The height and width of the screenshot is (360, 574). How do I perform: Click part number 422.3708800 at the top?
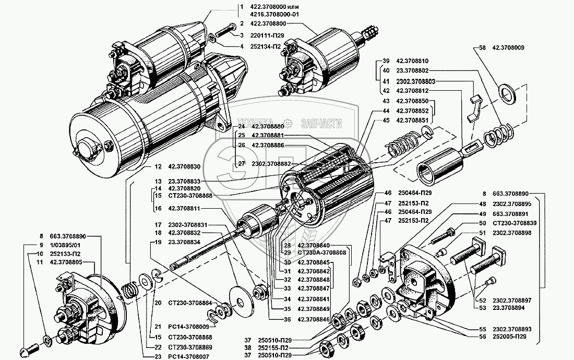tap(268, 23)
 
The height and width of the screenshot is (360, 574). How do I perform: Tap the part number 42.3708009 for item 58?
tap(508, 47)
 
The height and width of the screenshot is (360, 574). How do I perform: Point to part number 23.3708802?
tap(412, 70)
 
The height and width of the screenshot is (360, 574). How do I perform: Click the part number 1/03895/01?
tap(63, 245)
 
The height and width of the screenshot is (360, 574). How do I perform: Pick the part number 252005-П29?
tap(509, 337)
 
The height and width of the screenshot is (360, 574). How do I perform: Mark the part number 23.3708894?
tap(508, 308)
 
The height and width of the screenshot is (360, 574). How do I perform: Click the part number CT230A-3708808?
tap(322, 253)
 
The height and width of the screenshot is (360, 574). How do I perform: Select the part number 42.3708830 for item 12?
tap(185, 167)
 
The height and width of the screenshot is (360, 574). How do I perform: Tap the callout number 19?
tap(158, 242)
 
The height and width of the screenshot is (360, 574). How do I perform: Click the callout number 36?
tap(288, 319)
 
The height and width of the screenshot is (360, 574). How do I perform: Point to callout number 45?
tap(386, 121)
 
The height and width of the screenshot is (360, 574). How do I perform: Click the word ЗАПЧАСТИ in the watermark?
tap(321, 124)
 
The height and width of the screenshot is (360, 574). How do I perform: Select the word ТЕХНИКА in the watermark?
tap(255, 123)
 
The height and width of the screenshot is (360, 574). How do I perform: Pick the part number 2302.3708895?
tap(512, 204)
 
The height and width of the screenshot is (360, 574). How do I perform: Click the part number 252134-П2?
tap(266, 47)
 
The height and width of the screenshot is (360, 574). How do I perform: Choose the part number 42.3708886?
tap(268, 145)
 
